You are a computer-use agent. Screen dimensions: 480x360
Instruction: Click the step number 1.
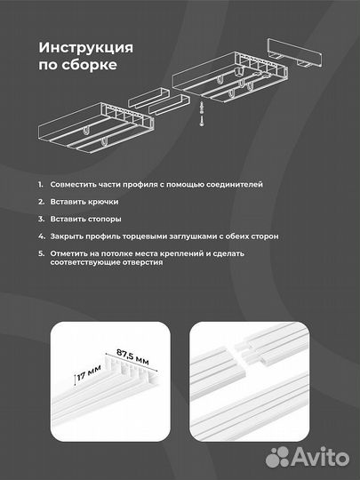point(40,184)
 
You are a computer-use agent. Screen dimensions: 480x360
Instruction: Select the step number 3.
point(40,219)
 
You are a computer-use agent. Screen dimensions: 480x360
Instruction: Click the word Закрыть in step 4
point(68,236)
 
